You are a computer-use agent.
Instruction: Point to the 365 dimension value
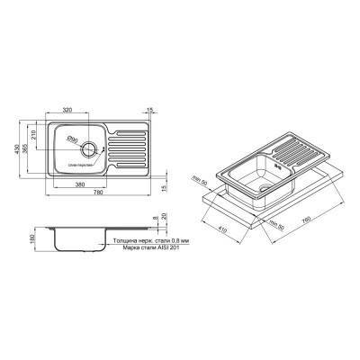coord(44,145)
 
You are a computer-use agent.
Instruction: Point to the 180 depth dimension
coord(33,235)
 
